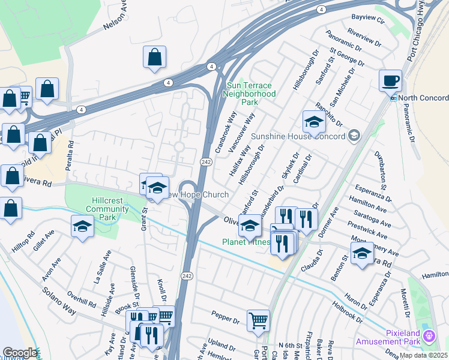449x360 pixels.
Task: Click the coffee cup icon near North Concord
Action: (390, 80)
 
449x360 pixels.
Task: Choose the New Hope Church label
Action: (199, 195)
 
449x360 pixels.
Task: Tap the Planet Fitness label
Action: (247, 242)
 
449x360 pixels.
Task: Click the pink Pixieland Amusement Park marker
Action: (428, 335)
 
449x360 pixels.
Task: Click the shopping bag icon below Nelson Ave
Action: (154, 58)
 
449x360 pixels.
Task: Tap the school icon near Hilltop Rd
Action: (82, 226)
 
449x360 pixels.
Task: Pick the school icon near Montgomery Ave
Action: (361, 254)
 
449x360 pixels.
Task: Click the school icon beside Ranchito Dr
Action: (313, 122)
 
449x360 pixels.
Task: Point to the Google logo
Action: (20, 353)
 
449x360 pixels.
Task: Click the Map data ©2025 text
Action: (424, 355)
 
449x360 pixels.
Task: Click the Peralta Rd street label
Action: (70, 155)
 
